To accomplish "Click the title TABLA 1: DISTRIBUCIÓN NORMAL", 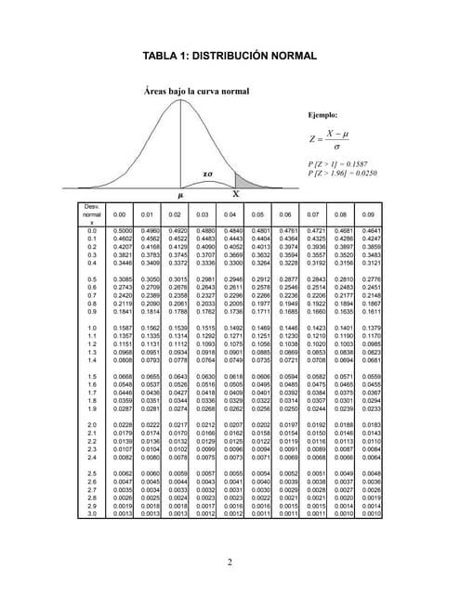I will pos(230,57).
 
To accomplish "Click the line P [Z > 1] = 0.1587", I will pos(338,163).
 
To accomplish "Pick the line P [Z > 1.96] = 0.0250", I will pos(342,173).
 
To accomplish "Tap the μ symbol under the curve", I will pos(180,195).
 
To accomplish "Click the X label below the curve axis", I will pos(235,195).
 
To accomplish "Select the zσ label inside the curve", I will pos(207,173).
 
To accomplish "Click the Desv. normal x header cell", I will pos(92,214).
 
